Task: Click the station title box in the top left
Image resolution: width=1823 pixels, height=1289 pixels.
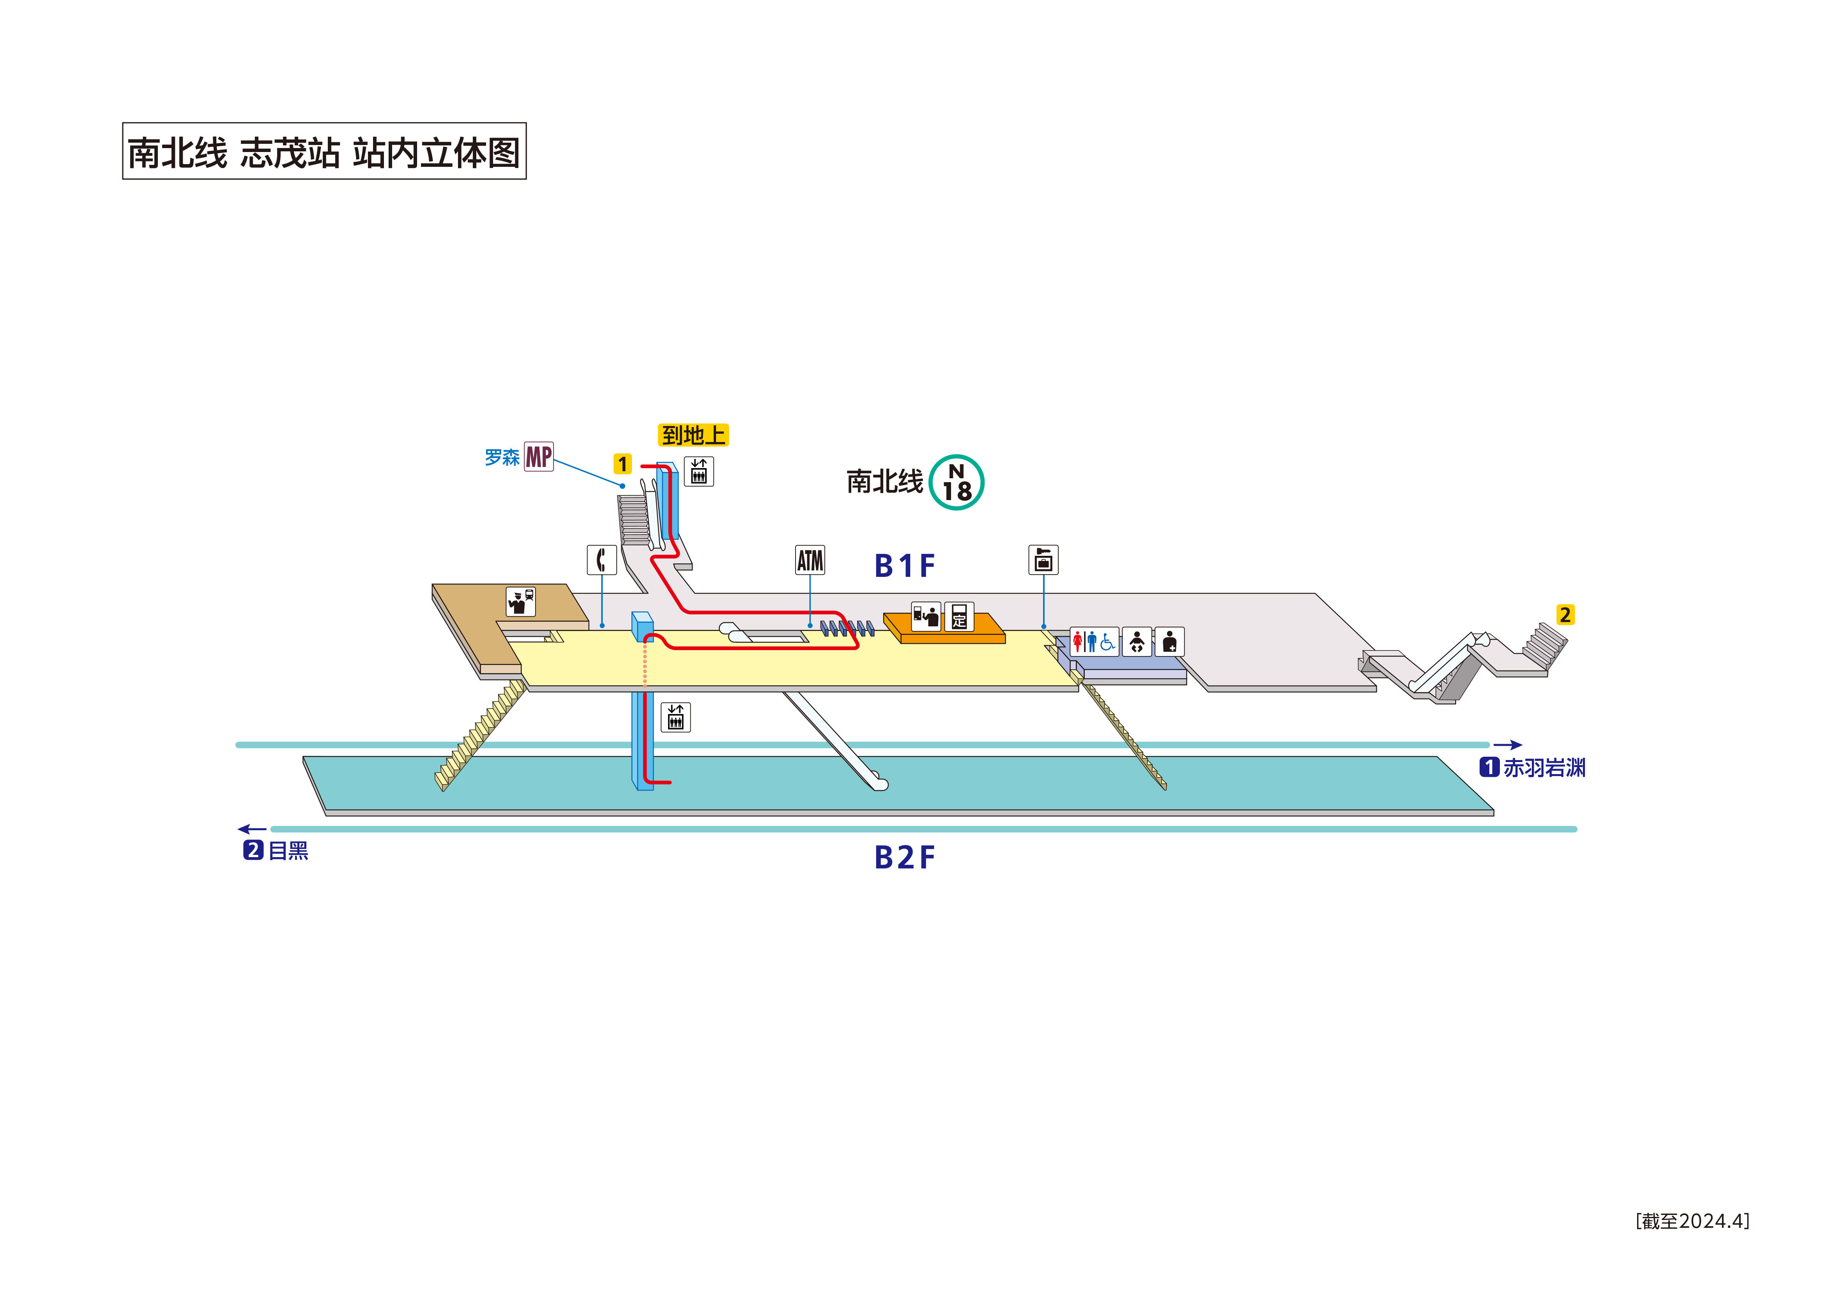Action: coord(324,151)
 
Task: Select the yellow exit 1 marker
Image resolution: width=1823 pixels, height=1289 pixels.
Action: coord(622,464)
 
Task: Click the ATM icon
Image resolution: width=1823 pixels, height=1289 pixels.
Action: coord(810,560)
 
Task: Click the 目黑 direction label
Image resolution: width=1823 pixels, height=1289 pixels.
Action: coord(276,850)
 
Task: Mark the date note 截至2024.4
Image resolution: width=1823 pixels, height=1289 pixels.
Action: coord(1692,1221)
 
